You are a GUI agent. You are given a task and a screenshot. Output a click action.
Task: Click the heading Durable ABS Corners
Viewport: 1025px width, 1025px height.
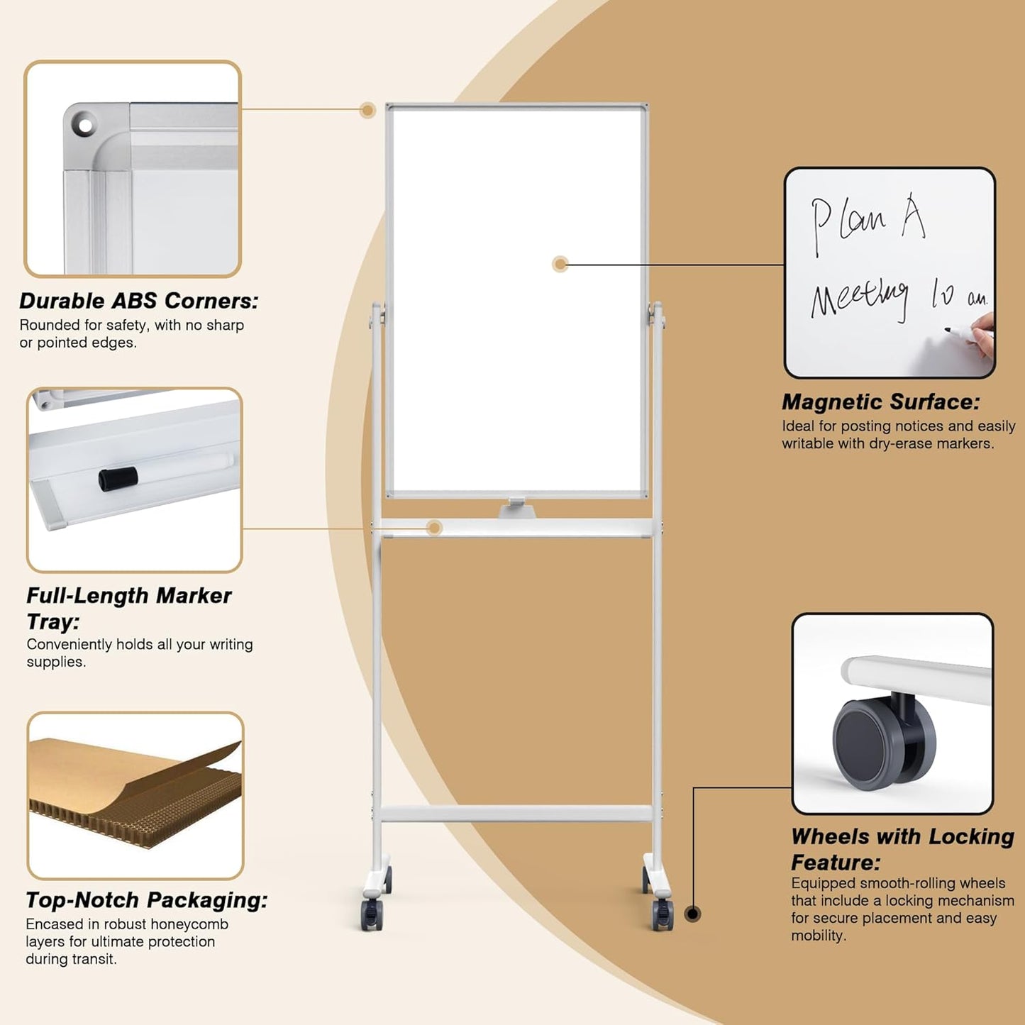[x=139, y=301]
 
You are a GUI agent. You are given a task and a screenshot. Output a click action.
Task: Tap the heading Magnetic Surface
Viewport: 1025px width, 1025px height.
[x=881, y=402]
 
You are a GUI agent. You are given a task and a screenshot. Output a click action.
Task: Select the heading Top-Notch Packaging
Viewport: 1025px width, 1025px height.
[x=147, y=900]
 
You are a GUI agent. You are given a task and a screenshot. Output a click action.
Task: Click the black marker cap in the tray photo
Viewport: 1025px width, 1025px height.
[x=118, y=479]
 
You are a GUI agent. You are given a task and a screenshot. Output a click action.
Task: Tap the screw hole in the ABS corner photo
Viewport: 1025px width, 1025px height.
[x=84, y=126]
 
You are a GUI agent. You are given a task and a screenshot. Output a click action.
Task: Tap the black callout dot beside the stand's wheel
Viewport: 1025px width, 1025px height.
[x=693, y=914]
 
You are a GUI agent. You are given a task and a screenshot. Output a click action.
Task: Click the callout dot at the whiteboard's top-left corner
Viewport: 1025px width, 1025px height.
[x=367, y=110]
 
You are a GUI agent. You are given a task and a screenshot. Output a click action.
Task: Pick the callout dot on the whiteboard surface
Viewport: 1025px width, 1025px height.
[x=560, y=265]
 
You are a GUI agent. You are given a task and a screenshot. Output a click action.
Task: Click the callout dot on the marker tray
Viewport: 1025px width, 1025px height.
[x=435, y=528]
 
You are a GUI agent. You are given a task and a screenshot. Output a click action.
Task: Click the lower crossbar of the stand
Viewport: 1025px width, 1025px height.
[x=516, y=814]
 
